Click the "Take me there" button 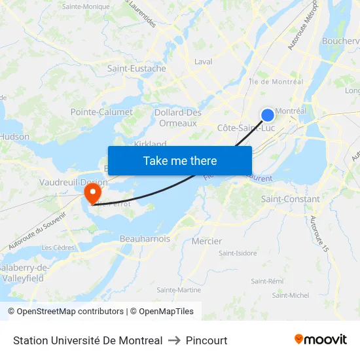pos(180,160)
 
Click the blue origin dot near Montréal pos(268,115)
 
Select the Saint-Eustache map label pos(137,68)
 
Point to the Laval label pos(204,62)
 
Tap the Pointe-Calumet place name pos(101,112)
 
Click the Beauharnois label pos(145,239)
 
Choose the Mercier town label pos(207,241)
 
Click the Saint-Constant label pos(291,199)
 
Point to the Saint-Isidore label pos(238,253)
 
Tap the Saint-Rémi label pos(267,281)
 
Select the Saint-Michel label pos(291,295)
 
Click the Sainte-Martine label pos(179,290)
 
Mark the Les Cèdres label pos(58,247)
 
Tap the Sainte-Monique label pos(86,7)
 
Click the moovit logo pos(321,339)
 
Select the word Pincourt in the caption pos(207,340)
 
